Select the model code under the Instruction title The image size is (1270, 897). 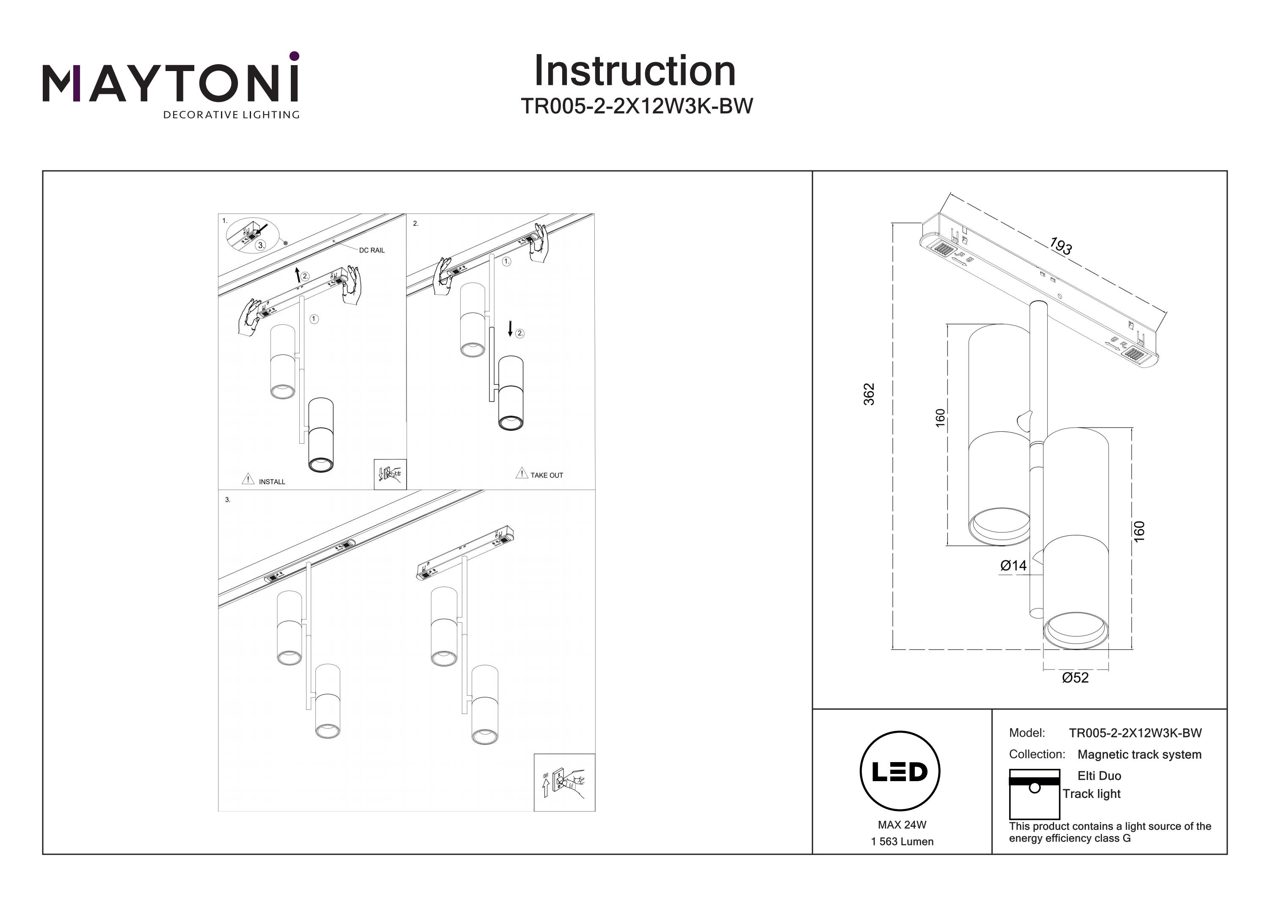pos(637,106)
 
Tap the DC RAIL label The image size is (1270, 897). pos(372,250)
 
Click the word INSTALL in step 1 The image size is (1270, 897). pos(272,482)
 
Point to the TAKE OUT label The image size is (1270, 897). pos(547,475)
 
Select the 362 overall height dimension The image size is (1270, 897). pos(869,394)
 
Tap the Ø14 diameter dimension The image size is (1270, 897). pos(1013,565)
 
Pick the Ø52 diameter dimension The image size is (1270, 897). pos(1075,678)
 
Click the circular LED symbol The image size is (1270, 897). pos(900,771)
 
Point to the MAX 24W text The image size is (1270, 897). pos(902,825)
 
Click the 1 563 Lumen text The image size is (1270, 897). pos(902,842)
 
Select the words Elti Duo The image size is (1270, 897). pos(1099,776)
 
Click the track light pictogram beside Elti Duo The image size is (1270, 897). pos(1034,794)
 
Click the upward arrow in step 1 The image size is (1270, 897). pos(298,274)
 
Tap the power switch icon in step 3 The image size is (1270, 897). pos(564,782)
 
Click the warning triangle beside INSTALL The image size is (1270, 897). pos(248,479)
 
